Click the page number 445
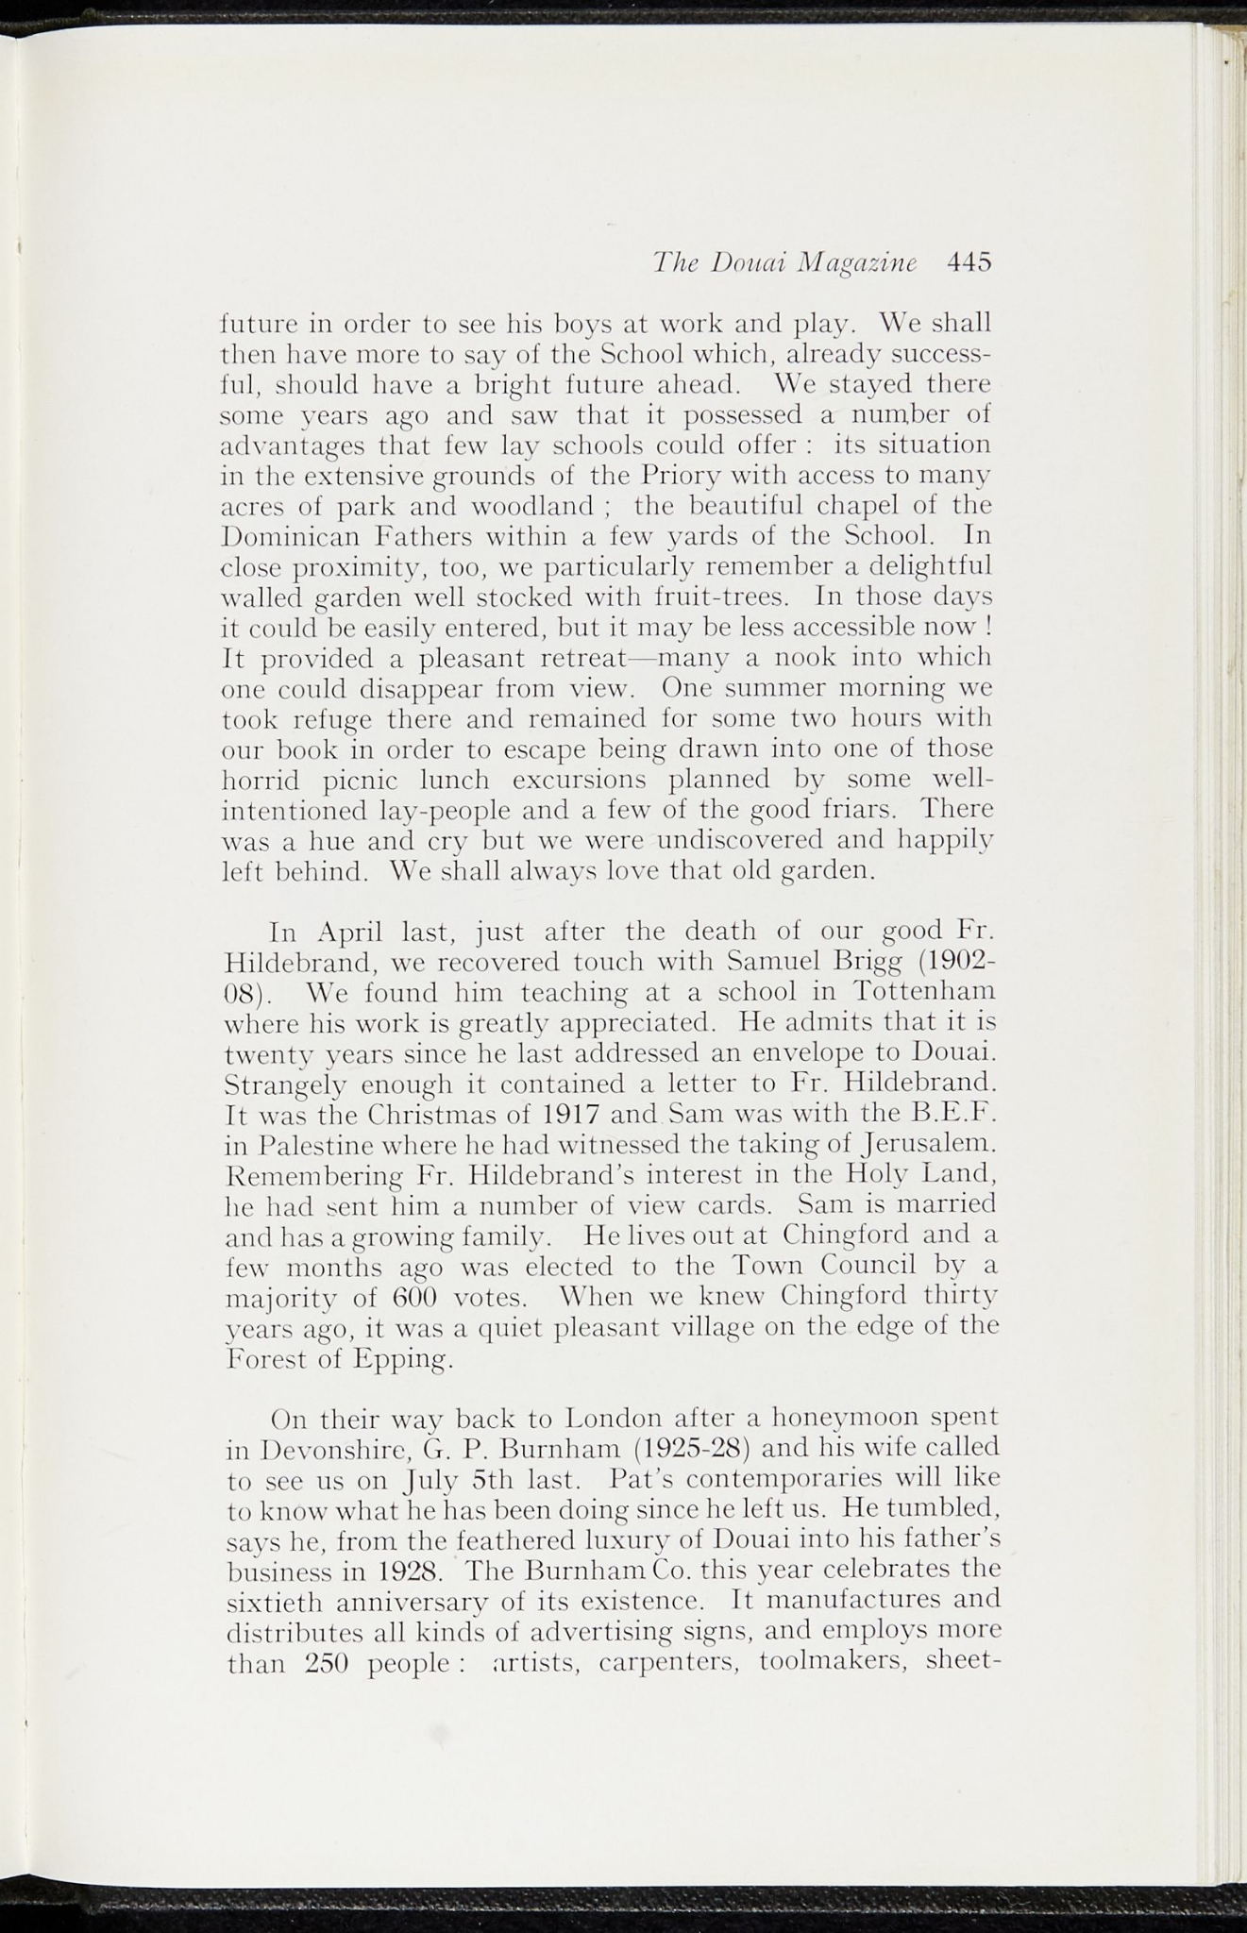pyautogui.click(x=969, y=261)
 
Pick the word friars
pyautogui.click(x=862, y=810)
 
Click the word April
pyautogui.click(x=349, y=933)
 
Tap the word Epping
pyautogui.click(x=398, y=1360)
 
